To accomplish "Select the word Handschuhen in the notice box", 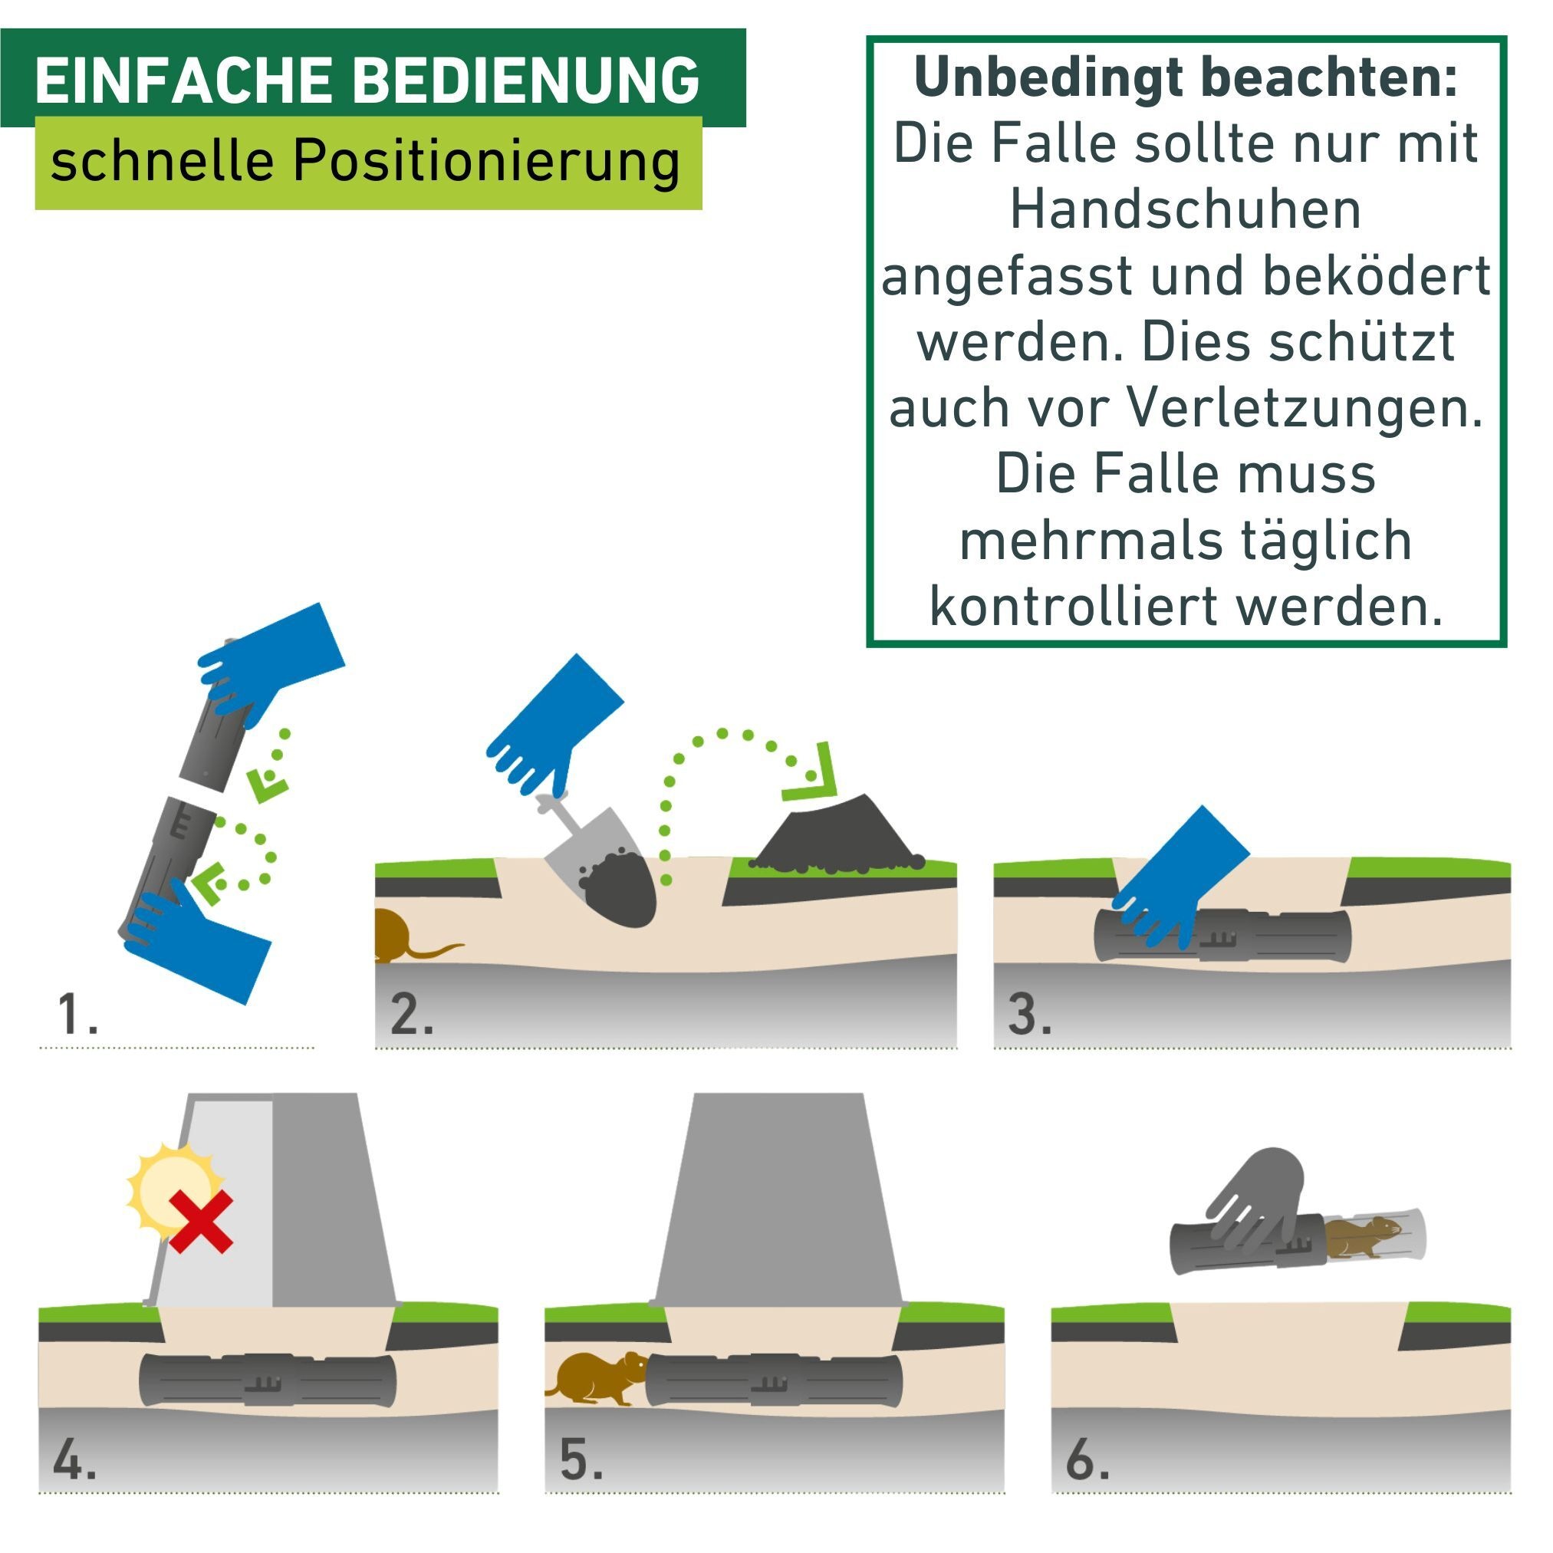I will coord(1185,211).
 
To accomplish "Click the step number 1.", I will coord(77,1015).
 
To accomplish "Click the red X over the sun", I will coord(201,1222).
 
